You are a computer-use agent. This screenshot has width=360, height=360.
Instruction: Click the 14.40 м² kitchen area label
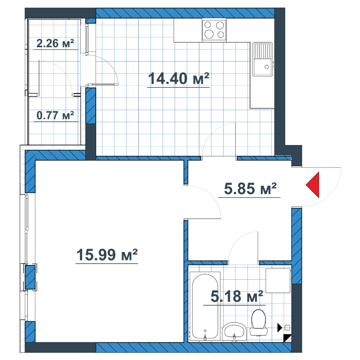[179, 78]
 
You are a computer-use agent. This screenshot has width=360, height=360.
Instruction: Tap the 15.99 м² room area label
[107, 255]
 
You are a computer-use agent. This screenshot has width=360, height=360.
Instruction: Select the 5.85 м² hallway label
[250, 189]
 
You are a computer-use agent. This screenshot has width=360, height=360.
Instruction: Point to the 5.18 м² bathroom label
[237, 296]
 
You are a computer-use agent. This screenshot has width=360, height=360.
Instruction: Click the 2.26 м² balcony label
[55, 43]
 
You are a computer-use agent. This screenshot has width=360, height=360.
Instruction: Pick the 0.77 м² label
[55, 115]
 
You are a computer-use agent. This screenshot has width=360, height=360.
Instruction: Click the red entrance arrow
[312, 185]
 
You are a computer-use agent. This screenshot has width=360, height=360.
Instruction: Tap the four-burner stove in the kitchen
[214, 30]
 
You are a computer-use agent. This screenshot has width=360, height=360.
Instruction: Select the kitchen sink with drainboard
[263, 59]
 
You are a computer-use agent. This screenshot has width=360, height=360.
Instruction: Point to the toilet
[259, 323]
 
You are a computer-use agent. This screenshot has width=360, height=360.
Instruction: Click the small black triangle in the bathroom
[279, 328]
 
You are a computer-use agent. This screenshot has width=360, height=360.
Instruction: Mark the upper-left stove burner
[208, 25]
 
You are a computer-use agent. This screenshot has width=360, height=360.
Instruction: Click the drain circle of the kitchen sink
[266, 67]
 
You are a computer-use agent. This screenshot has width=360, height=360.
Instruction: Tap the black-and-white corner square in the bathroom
[287, 338]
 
